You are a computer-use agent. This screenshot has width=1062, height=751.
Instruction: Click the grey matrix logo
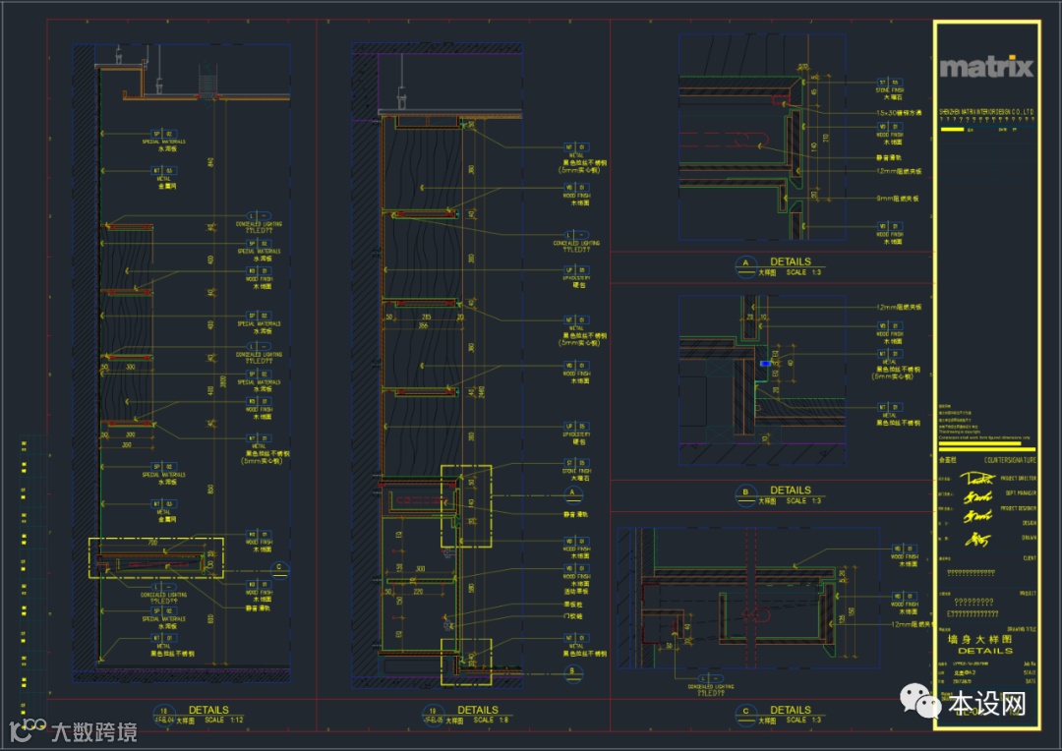pos(986,67)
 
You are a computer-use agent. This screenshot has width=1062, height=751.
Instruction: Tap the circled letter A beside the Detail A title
pos(745,264)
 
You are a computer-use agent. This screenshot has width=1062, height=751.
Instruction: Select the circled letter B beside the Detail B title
pos(745,492)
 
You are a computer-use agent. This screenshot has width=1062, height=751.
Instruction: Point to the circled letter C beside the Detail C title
pos(745,713)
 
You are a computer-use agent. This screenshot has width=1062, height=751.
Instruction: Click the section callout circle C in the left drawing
pos(280,567)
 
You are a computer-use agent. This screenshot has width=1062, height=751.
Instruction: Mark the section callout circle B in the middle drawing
pos(569,672)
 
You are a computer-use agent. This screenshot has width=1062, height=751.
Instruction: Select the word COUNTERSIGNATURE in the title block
pos(997,460)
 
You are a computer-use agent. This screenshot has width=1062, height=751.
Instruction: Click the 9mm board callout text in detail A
pos(898,198)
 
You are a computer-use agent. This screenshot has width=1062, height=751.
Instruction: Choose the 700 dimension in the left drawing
pos(153,543)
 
